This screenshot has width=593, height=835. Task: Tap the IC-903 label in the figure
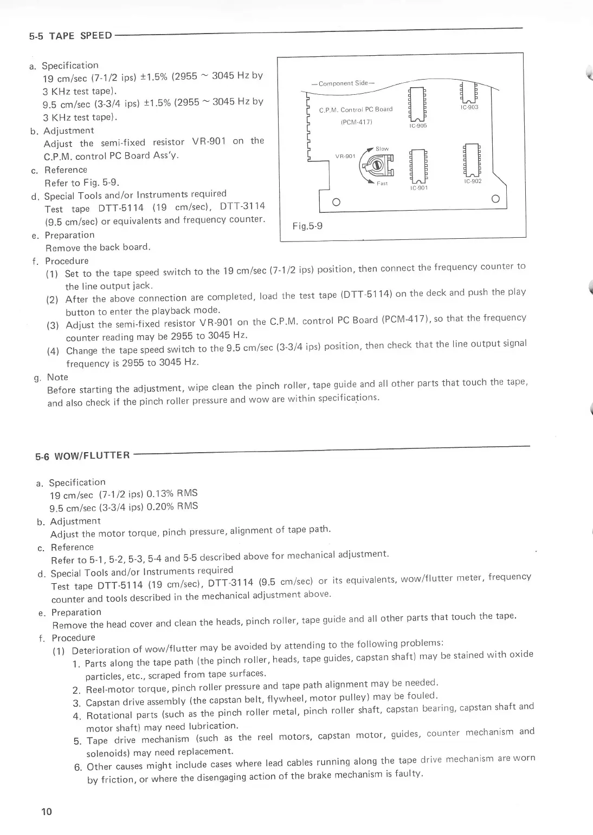coord(469,107)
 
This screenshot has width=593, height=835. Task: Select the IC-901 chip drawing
coord(418,165)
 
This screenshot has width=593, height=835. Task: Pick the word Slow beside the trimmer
coord(382,148)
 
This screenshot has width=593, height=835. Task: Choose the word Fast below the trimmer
coord(383,183)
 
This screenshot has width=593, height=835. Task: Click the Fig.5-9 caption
coord(307,226)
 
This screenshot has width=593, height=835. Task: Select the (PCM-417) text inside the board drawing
coord(356,122)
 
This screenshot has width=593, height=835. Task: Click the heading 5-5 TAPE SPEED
coord(70,36)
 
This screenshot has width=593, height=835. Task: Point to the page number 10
coord(46,811)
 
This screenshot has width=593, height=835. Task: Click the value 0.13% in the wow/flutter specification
coord(160,493)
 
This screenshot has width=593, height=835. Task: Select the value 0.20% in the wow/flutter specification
coord(160,507)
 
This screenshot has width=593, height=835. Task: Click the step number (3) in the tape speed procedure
coord(53,325)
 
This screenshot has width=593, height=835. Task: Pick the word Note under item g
coord(57,377)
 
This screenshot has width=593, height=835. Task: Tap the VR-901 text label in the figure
coord(345,156)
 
